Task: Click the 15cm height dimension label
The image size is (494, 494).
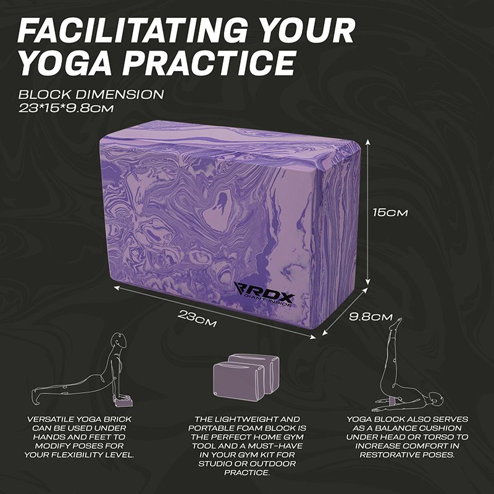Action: click(390, 212)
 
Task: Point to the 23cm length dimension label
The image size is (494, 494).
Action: click(197, 319)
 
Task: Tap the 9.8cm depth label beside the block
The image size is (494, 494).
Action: click(371, 317)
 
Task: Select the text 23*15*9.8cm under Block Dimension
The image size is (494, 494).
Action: click(66, 109)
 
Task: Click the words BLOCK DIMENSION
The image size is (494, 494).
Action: click(91, 94)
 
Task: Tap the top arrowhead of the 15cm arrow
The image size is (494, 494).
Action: click(367, 143)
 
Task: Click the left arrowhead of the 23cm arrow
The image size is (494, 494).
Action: click(116, 287)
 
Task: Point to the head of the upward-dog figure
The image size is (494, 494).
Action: click(120, 340)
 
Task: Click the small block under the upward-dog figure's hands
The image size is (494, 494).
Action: click(124, 402)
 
